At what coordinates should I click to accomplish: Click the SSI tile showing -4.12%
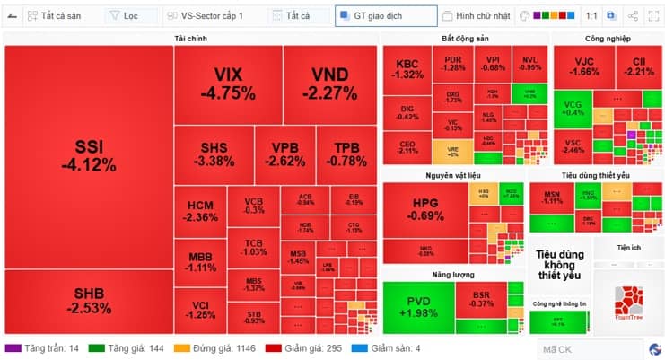(88, 155)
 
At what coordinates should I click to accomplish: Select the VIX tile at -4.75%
(228, 83)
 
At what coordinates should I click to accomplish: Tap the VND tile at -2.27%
(329, 83)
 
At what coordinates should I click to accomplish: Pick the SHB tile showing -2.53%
(88, 301)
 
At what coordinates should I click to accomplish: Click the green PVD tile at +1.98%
(417, 306)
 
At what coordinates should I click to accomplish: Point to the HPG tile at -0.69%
(424, 208)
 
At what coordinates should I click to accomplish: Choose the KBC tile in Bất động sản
(407, 69)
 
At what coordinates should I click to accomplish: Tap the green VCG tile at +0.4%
(573, 108)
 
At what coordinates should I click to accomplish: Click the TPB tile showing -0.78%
(346, 154)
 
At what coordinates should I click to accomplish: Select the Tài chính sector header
(189, 39)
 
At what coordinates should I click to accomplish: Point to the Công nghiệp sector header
(608, 39)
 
